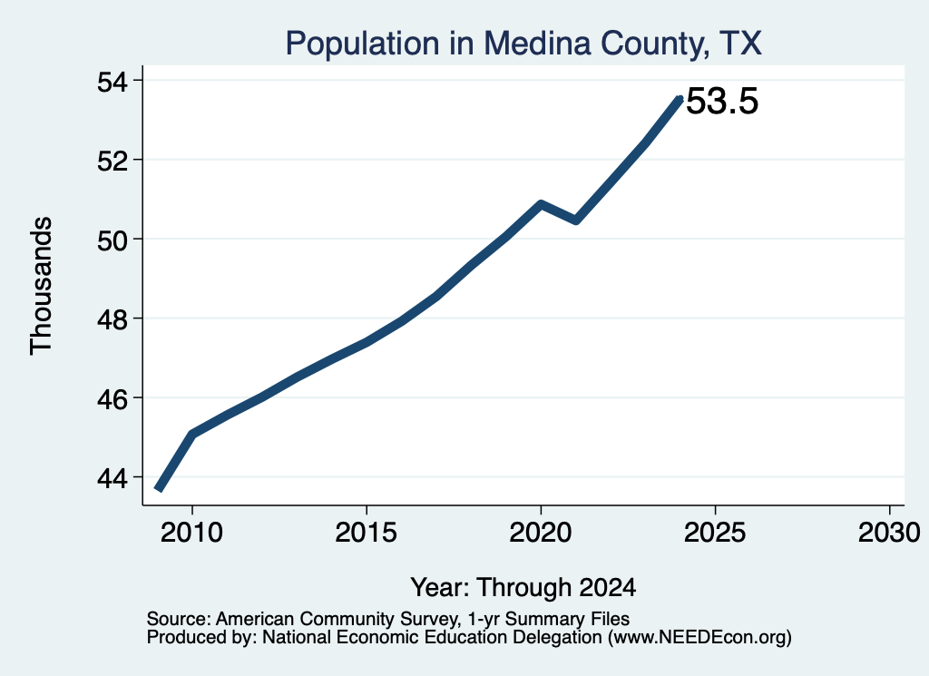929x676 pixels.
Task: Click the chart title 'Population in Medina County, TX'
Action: point(523,44)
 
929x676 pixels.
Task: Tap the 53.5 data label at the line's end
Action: point(722,101)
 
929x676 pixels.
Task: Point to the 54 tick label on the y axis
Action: point(112,81)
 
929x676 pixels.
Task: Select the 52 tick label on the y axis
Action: point(112,161)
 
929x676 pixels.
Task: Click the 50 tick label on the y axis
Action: point(112,240)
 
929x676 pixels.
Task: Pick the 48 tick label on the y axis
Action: point(112,319)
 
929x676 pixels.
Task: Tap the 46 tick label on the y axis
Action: point(112,398)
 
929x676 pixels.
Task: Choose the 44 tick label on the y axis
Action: point(112,478)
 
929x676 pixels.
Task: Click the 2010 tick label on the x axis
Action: point(192,533)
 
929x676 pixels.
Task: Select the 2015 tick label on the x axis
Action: point(367,533)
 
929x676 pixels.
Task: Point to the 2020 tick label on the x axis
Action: point(541,533)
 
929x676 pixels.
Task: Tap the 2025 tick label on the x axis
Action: point(715,533)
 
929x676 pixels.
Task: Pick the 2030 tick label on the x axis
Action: point(889,533)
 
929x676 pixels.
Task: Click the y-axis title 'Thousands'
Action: point(42,286)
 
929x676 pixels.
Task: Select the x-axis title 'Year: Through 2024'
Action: point(523,588)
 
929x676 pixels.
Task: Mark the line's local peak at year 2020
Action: point(541,204)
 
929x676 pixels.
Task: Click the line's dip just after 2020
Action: point(575,220)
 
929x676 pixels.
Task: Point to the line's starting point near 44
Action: point(158,489)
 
